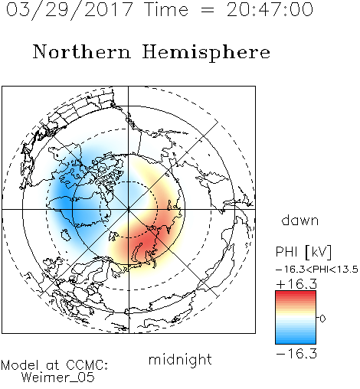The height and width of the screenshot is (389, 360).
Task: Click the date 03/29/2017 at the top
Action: (x=69, y=10)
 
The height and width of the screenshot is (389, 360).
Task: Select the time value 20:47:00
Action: (x=270, y=10)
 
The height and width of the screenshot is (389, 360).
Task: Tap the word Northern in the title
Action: (x=82, y=51)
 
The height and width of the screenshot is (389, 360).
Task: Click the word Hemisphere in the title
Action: (x=206, y=52)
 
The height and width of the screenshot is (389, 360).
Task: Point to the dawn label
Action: (x=300, y=220)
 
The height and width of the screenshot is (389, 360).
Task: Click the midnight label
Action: (x=180, y=359)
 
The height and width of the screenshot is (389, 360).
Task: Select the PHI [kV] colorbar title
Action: (x=303, y=252)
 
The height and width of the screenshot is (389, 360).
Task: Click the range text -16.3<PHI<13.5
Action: (x=317, y=270)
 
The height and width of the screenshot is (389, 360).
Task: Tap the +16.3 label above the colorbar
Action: (x=296, y=283)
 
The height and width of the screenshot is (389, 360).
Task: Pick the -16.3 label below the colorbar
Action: (x=296, y=354)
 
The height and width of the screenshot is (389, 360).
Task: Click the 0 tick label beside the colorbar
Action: (x=322, y=319)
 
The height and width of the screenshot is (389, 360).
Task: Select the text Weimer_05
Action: (x=58, y=377)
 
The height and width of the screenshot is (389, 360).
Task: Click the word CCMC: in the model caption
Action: (x=87, y=365)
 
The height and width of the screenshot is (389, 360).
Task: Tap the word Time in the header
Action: (x=166, y=10)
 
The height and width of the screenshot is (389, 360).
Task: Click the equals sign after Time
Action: (x=207, y=10)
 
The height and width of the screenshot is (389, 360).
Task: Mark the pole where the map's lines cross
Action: (x=128, y=209)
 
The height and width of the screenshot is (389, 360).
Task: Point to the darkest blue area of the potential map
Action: (x=63, y=201)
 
